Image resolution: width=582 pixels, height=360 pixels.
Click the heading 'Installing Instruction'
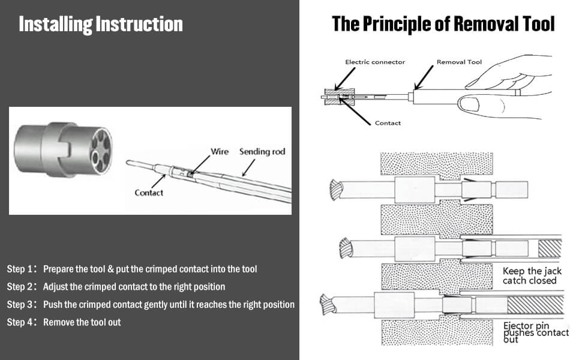coord(101,25)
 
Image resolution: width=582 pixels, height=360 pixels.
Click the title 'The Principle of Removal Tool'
coord(443,24)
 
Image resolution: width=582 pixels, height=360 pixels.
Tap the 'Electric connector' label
coord(375,62)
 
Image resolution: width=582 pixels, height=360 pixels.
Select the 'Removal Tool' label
coord(459,62)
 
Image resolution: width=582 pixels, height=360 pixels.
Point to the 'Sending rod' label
coord(262,152)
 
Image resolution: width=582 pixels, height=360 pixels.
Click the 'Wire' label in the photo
coord(220,152)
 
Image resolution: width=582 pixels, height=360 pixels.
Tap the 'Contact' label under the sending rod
coord(149,193)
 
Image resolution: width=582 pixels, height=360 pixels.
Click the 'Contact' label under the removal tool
coord(388,123)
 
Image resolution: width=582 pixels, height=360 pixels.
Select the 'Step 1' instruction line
coord(132,269)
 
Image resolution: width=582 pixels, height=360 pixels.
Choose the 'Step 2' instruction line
coord(116,287)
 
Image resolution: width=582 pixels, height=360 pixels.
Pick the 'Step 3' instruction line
coord(151,305)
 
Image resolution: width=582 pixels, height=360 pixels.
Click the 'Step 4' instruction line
coord(64,322)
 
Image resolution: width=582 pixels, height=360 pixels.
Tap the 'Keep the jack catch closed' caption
coord(530,276)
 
